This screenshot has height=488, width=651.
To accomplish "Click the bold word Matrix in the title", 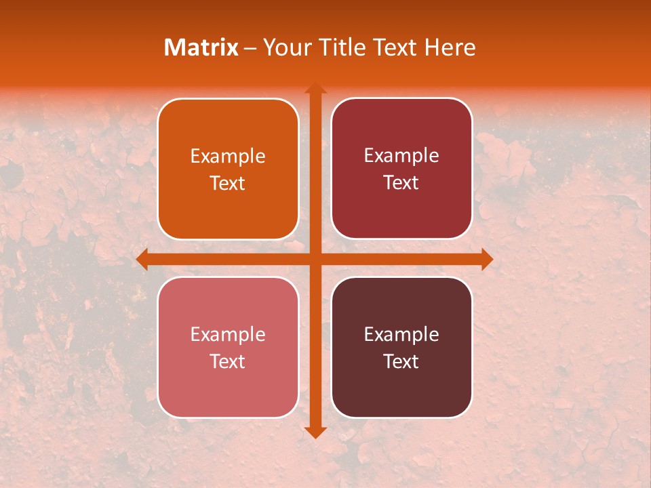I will pyautogui.click(x=201, y=47).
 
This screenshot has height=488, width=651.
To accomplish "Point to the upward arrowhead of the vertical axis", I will pyautogui.click(x=315, y=89).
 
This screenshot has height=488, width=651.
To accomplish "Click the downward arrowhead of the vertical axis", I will pyautogui.click(x=315, y=432).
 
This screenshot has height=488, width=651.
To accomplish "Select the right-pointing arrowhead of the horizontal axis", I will pyautogui.click(x=486, y=259).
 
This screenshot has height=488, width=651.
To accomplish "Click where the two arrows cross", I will pyautogui.click(x=315, y=259).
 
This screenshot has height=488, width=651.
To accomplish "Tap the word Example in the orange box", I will pyautogui.click(x=228, y=157).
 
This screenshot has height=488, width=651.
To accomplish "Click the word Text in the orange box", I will pyautogui.click(x=228, y=184).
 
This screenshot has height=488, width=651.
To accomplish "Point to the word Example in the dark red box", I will pyautogui.click(x=401, y=156).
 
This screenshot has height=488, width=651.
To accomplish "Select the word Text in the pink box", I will pyautogui.click(x=228, y=362).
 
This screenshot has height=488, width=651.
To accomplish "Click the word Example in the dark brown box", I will pyautogui.click(x=401, y=335).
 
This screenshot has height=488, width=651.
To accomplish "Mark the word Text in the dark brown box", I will pyautogui.click(x=401, y=362).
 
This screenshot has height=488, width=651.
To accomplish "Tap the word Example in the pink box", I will pyautogui.click(x=228, y=335).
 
